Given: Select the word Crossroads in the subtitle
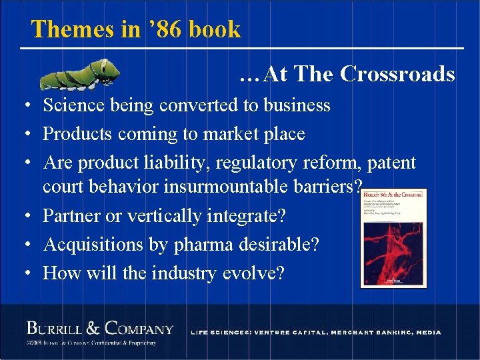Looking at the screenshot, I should (397, 74).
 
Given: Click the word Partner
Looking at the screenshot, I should (73, 216).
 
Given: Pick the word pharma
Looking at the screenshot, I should (201, 245).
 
